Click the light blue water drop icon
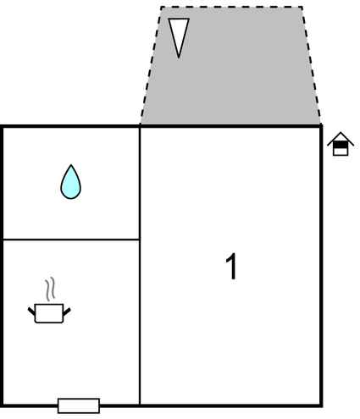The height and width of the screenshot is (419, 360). tap(70, 184)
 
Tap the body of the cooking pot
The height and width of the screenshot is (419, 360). tap(49, 313)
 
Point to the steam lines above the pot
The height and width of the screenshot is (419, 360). tap(50, 289)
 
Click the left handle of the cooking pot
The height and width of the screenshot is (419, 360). tap(31, 311)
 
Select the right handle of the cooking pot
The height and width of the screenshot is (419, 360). tap(67, 311)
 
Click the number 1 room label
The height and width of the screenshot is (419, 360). tap(231, 266)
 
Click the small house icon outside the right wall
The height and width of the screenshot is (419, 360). tap(341, 144)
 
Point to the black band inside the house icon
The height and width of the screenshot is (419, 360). tap(341, 145)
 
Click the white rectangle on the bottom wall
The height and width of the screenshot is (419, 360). tap(79, 405)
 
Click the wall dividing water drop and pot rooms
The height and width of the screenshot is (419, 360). tap(71, 240)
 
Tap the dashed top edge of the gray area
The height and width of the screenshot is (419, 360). tap(231, 7)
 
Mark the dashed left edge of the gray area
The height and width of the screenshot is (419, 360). tap(151, 65)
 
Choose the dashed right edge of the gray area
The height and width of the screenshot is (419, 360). tap(312, 65)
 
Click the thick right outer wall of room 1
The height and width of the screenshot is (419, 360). tap(321, 266)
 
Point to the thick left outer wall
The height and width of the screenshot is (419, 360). tap(2, 266)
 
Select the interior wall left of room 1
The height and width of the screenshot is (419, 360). tap(140, 266)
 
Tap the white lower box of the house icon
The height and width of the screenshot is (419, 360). tap(341, 152)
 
